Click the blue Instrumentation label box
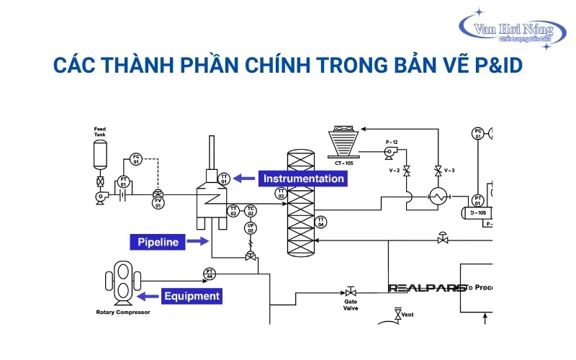[x=303, y=179]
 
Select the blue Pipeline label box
[x=158, y=242]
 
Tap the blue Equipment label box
[x=190, y=295]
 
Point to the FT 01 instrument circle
[x=124, y=182]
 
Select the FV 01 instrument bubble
[x=158, y=204]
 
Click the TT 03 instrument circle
[x=281, y=194]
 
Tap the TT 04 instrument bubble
[x=321, y=222]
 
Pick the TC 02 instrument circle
[x=251, y=211]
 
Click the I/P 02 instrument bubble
[x=251, y=229]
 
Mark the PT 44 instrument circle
[x=210, y=274]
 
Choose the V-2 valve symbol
[x=407, y=171]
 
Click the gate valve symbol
[x=351, y=292]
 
